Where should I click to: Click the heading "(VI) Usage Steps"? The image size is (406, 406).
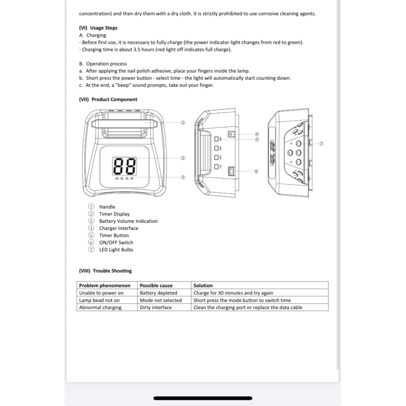click(x=98, y=28)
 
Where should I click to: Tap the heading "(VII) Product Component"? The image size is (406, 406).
click(x=108, y=99)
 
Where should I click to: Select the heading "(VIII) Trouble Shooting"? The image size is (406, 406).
click(x=105, y=271)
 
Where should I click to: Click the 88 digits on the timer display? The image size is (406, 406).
click(x=125, y=166)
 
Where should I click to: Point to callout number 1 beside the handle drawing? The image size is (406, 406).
click(x=183, y=123)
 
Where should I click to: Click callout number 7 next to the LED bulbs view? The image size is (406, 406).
click(x=321, y=144)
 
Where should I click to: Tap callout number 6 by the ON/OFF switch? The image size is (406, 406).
click(x=256, y=172)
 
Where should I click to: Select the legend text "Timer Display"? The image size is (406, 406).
click(x=114, y=214)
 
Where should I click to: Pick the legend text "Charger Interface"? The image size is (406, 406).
click(x=118, y=228)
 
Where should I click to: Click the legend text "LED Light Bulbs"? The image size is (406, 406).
click(x=116, y=250)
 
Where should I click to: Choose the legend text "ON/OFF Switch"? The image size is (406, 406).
click(x=116, y=243)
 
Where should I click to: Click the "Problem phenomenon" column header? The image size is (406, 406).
click(x=105, y=286)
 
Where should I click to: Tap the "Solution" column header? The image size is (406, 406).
click(x=203, y=286)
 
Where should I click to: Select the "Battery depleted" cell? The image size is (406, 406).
click(x=158, y=293)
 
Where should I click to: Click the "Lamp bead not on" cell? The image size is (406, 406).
click(x=99, y=300)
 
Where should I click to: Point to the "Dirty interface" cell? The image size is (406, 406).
click(x=155, y=308)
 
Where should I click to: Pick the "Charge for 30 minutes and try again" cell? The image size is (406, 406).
click(x=233, y=293)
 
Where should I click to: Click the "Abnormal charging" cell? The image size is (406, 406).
click(x=100, y=308)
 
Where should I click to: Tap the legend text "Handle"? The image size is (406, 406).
click(x=107, y=207)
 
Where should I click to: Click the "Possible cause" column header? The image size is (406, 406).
click(x=156, y=286)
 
